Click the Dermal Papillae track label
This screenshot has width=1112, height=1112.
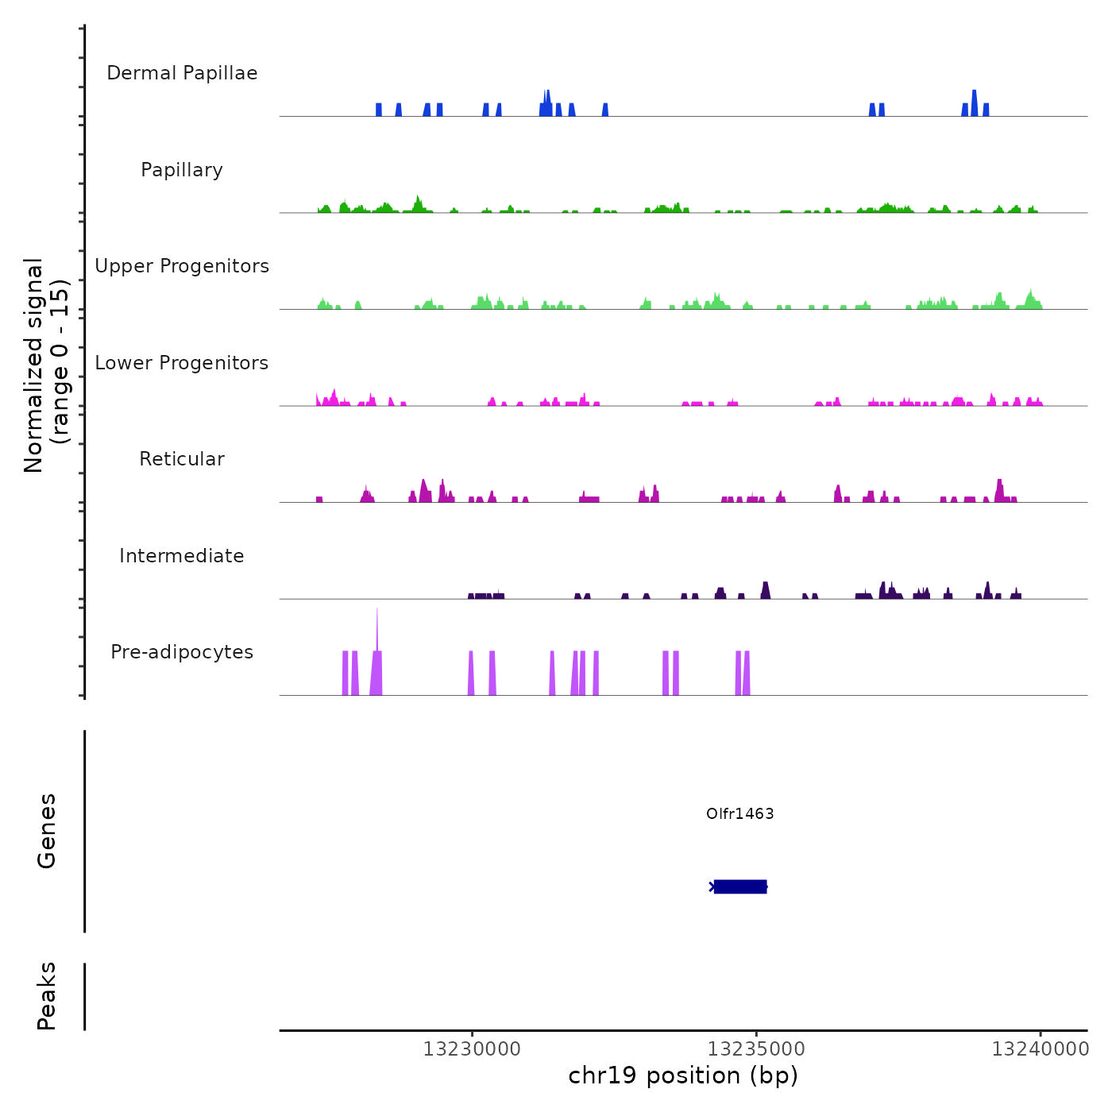[x=182, y=73]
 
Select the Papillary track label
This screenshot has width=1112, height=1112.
[x=182, y=170]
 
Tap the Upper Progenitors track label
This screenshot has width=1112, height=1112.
[x=182, y=266]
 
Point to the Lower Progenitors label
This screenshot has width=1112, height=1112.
[x=182, y=363]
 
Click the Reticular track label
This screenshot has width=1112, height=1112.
[x=182, y=459]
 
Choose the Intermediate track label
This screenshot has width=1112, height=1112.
[x=182, y=556]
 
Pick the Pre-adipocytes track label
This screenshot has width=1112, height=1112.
[x=182, y=652]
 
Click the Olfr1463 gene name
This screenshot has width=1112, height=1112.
[x=739, y=813]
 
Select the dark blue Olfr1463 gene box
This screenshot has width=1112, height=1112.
[x=740, y=886]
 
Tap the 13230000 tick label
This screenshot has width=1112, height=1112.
[x=472, y=1049]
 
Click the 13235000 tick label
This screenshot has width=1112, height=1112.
[x=756, y=1049]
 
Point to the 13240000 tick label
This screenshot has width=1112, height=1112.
[x=1040, y=1049]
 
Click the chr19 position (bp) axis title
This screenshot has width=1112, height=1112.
[x=683, y=1075]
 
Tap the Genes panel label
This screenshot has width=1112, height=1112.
[x=47, y=831]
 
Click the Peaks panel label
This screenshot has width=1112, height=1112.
[x=47, y=996]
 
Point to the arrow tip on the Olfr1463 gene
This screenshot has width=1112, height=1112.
[x=712, y=886]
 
